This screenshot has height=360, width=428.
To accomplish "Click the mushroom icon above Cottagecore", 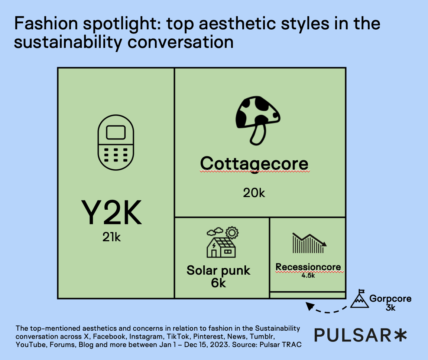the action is [258, 120].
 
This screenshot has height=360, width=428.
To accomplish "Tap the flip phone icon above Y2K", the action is [116, 143].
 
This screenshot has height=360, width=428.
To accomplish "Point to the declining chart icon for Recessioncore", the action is [309, 243].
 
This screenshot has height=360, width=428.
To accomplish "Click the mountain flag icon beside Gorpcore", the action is [360, 299].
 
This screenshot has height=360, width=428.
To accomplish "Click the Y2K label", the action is [111, 212].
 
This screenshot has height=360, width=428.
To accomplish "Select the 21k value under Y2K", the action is [111, 237].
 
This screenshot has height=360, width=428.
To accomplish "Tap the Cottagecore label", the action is [254, 164].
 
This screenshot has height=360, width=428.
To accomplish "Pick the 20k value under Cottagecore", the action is [254, 193].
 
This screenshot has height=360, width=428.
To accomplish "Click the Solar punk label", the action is [218, 270].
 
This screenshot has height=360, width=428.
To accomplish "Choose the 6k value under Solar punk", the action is [218, 283].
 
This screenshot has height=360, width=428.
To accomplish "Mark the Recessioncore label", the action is [308, 267].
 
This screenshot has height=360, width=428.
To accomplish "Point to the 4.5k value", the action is [308, 275].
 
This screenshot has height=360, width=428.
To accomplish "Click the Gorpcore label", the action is [390, 298].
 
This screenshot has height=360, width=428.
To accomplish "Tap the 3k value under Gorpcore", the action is [390, 308].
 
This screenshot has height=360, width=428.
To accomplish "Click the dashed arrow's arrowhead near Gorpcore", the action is [309, 306].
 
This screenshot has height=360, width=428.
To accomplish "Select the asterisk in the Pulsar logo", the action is [401, 335].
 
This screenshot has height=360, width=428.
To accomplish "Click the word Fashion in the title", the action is [46, 23].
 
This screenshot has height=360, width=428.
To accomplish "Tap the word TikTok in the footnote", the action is [178, 336].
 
